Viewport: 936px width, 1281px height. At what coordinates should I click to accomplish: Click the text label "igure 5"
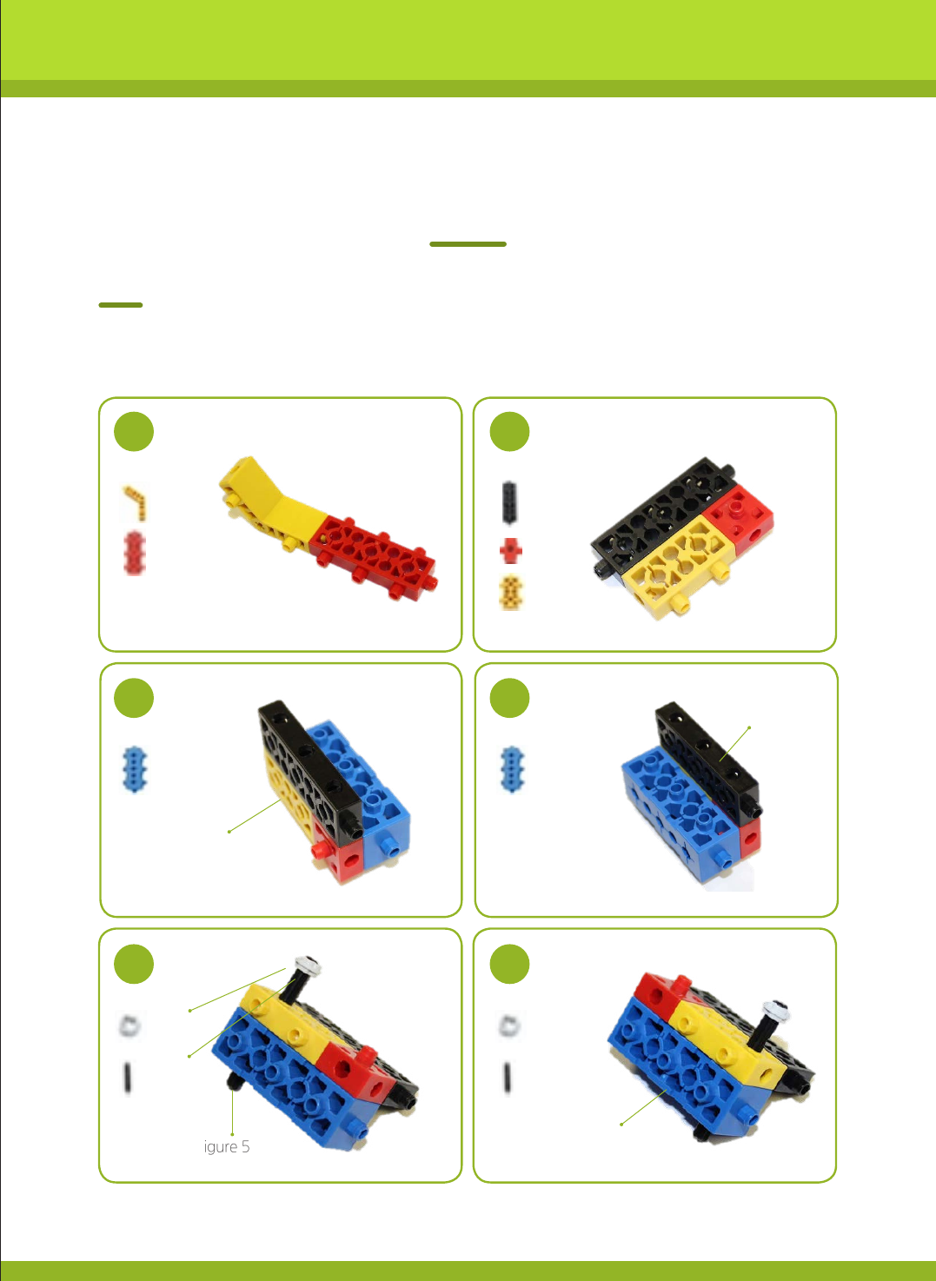tap(227, 1146)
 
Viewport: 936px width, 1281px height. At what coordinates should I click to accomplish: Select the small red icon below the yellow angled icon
tap(135, 553)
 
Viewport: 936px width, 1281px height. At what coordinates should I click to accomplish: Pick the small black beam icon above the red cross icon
tap(509, 502)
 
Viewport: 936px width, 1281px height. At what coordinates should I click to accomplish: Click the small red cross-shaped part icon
tap(511, 550)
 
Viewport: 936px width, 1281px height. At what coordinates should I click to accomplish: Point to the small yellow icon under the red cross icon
tap(511, 592)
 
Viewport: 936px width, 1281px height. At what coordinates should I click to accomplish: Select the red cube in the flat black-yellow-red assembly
tap(738, 519)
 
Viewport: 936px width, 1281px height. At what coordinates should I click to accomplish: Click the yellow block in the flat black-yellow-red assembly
tap(679, 566)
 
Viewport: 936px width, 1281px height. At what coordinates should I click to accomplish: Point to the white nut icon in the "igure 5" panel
tap(129, 1025)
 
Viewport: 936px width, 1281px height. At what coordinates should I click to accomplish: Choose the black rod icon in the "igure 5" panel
tap(128, 1078)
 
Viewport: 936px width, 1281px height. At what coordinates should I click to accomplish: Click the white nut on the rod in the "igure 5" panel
tap(308, 966)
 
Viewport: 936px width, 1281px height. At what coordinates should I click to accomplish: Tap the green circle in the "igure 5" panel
tap(134, 964)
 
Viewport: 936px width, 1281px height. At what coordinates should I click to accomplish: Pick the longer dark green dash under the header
tap(468, 244)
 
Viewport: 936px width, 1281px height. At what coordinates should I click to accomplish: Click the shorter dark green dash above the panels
tap(121, 305)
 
